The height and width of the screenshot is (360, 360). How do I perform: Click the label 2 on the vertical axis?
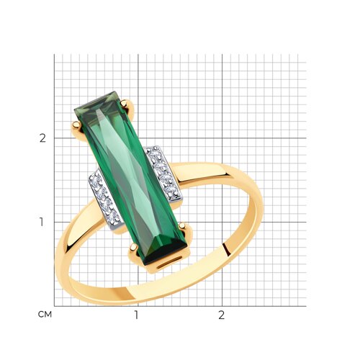pos(42,138)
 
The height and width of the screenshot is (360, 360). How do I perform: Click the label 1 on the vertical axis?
pos(42,222)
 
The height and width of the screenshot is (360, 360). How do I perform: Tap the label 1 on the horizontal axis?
pos(136,315)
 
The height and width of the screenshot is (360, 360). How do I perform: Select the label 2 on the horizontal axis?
pos(221,315)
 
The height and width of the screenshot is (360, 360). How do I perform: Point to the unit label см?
pos(45,315)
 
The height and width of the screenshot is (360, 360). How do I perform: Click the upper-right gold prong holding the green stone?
pos(124,104)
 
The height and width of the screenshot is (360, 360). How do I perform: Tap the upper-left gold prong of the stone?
pos(76,125)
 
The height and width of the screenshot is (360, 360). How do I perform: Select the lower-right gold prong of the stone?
pos(182,226)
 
